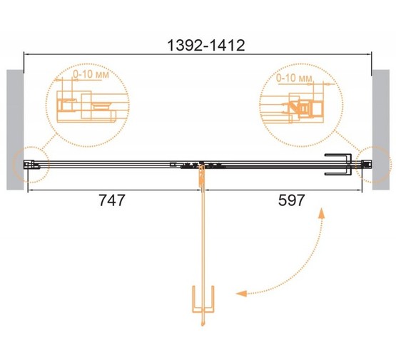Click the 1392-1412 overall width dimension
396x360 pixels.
pos(206,46)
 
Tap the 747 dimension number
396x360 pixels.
pos(111,200)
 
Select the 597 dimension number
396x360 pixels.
pos(291,200)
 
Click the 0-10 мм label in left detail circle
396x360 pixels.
pos(91,74)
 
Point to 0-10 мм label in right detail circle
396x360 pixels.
pos(294,78)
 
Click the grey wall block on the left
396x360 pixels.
pos(15,130)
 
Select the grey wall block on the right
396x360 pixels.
pos(381,130)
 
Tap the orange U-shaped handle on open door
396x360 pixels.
pos(203,299)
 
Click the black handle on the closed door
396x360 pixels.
pos(338,164)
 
